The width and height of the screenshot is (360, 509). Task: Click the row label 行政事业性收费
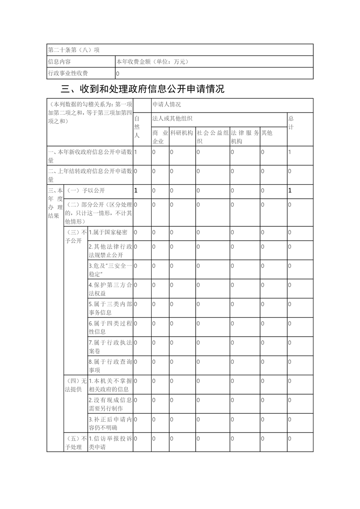coord(68,73)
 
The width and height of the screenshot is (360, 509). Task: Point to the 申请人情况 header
coord(167,105)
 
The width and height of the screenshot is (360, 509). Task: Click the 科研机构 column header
coord(182,133)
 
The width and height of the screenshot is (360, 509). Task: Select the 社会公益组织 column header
coord(212,137)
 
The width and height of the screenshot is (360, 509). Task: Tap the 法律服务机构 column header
coord(245,137)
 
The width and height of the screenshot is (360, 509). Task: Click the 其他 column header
coord(266,133)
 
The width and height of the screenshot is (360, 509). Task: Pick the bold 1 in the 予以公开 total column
coord(290,191)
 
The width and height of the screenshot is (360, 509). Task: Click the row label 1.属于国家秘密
coord(108,232)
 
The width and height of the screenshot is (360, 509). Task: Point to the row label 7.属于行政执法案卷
coord(110,347)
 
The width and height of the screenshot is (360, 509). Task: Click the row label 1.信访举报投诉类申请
coord(110,443)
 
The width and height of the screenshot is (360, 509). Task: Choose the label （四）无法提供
coord(76,385)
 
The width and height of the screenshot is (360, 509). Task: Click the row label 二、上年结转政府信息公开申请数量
coord(90,175)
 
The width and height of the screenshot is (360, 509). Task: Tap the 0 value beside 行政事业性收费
coord(118,73)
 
